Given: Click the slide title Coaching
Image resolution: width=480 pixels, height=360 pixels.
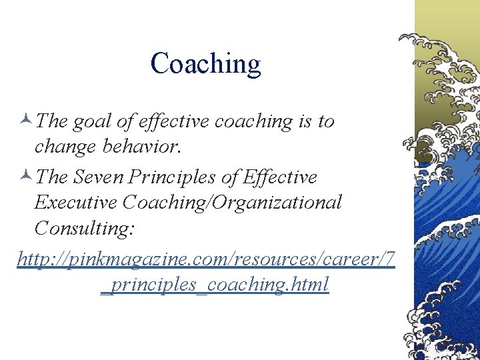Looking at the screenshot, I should [205, 64].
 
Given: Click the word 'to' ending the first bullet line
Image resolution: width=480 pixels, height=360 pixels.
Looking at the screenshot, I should [326, 122].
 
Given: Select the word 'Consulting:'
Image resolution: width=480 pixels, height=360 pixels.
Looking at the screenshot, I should [84, 229].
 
